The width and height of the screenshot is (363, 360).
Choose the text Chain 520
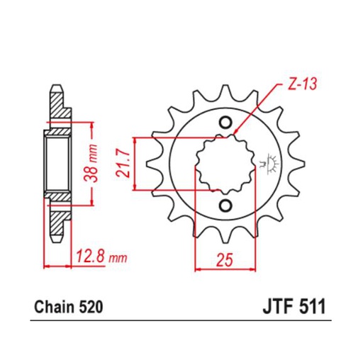tap(69, 309)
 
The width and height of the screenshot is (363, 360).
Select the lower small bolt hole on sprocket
tap(225, 206)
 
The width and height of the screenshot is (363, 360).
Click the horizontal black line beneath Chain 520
tap(181, 322)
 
